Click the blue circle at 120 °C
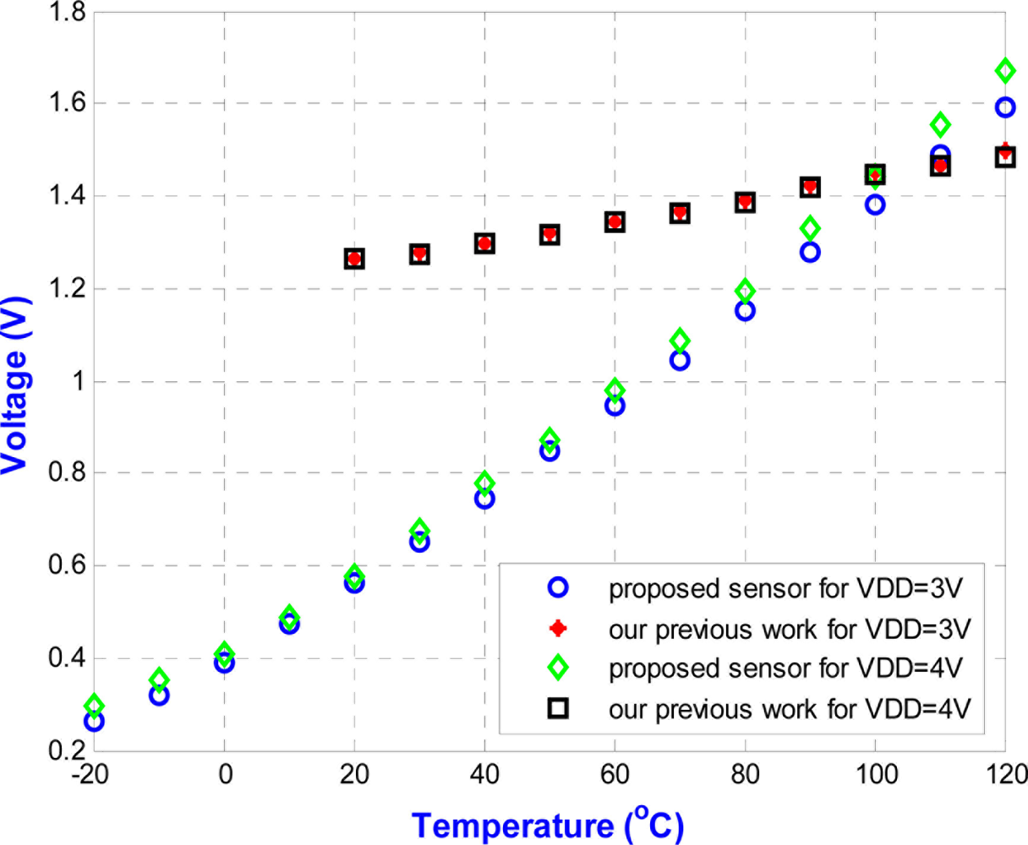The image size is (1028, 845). click(x=1005, y=107)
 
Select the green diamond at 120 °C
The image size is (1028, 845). click(x=1005, y=70)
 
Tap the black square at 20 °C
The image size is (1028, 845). click(x=354, y=259)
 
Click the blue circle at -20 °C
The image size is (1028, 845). click(x=94, y=722)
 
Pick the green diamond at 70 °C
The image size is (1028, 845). click(x=680, y=341)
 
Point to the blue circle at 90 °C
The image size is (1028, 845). click(x=810, y=252)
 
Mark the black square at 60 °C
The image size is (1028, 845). click(x=615, y=222)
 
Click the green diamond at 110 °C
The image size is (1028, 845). click(x=940, y=125)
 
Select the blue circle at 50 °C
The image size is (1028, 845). click(x=550, y=451)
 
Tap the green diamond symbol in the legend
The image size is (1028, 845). click(x=557, y=668)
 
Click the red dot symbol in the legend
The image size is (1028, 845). click(x=557, y=629)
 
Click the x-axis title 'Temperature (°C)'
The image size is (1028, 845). click(x=547, y=824)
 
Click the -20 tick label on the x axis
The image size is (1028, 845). click(x=90, y=775)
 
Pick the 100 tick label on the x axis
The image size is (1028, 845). click(x=875, y=775)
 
